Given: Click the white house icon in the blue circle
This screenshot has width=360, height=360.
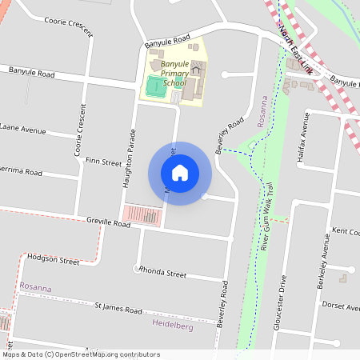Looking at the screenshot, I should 180,173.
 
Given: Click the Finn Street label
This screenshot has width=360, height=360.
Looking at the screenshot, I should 103,162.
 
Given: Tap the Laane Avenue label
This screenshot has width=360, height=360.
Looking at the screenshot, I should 23,127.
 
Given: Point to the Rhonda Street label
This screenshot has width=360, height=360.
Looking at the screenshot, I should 162,273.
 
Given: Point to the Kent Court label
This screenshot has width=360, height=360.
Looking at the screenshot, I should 345,231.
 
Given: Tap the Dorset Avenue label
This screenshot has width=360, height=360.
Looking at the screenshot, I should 340,305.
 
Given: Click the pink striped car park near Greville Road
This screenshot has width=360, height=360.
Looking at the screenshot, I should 142,215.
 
